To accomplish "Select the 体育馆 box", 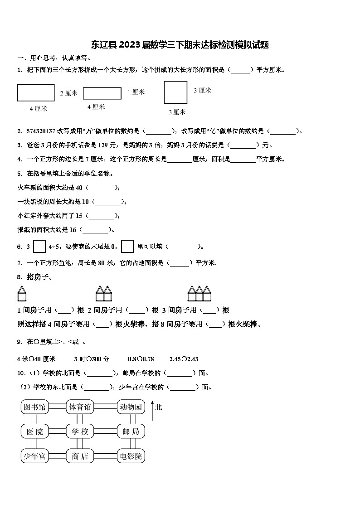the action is click(x=80, y=407).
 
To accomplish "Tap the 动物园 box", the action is click(x=131, y=407).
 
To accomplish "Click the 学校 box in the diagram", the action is click(x=80, y=431).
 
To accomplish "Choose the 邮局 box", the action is click(x=131, y=431).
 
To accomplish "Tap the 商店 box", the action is click(x=80, y=456).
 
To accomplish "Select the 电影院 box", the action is click(x=131, y=456).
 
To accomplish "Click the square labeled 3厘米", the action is click(x=175, y=93).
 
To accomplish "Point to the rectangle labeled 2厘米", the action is click(x=36, y=92).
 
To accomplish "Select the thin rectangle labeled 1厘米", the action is click(x=102, y=93).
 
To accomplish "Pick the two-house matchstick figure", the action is click(x=104, y=293).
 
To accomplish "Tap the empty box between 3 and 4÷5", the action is click(x=40, y=246).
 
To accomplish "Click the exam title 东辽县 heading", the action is click(x=180, y=45).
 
